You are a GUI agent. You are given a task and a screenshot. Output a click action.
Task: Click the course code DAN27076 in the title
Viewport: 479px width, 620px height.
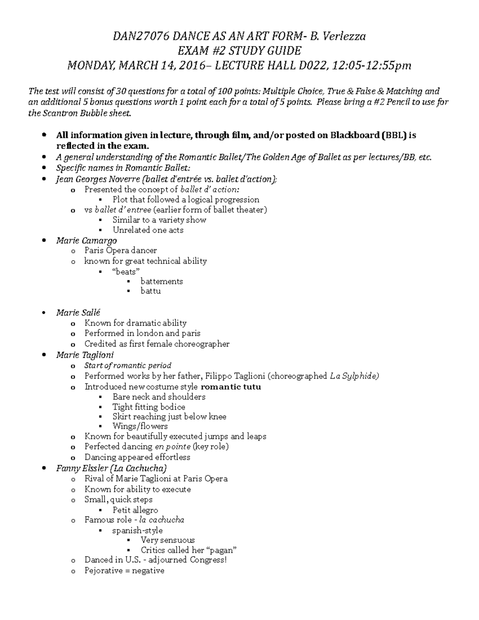coord(141,37)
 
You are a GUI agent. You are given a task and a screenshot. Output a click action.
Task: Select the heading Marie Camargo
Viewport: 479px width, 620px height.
coord(87,240)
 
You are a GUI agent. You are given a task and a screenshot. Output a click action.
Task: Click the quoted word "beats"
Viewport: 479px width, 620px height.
coord(126,271)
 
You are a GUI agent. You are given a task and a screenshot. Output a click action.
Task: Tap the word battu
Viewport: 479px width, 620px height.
coord(150,291)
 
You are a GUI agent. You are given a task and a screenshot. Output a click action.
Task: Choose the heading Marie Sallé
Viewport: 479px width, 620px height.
coord(78,313)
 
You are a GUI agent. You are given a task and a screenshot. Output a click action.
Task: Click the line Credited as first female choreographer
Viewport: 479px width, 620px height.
coord(157,344)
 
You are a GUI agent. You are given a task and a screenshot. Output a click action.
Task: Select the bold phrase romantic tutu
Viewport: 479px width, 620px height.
coord(231,386)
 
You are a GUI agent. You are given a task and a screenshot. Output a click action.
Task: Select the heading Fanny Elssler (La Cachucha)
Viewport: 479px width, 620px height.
coord(111,468)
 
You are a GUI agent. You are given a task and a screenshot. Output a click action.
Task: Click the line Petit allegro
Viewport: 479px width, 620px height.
coord(135,510)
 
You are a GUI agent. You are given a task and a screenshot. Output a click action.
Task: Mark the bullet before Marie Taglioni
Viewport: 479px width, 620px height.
coord(44,355)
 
